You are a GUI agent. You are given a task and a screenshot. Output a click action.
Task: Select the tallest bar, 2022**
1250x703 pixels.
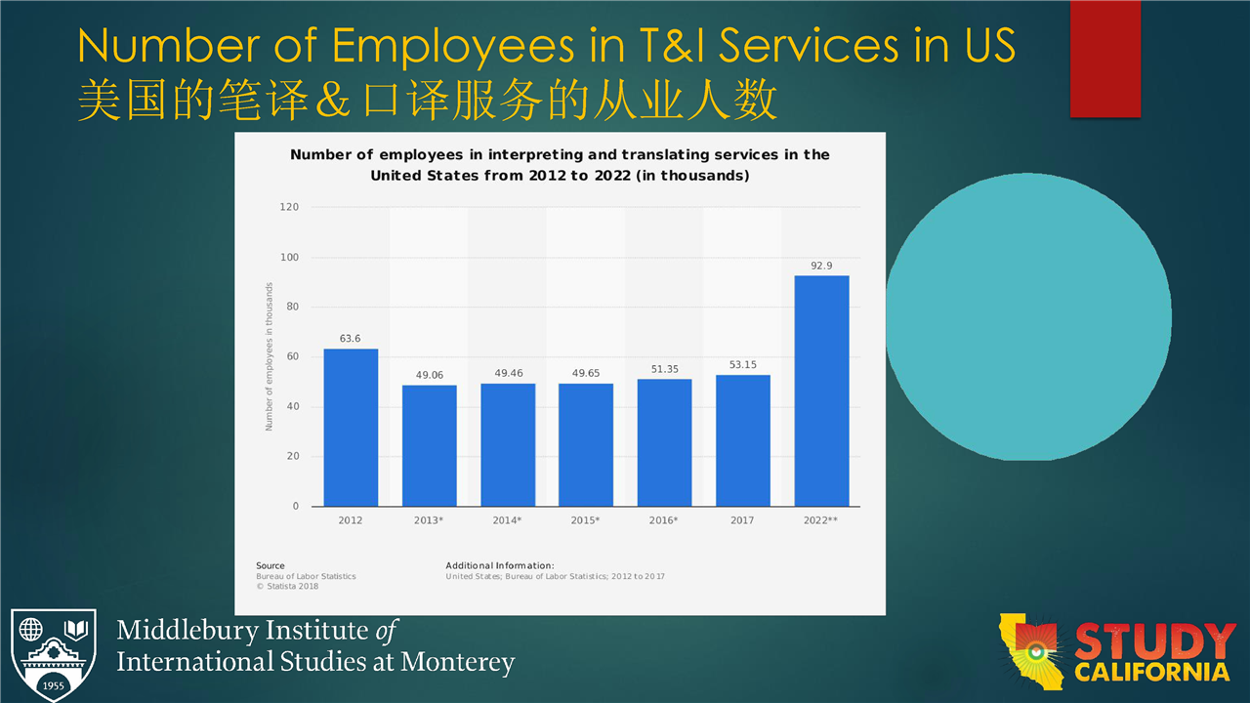tap(821, 391)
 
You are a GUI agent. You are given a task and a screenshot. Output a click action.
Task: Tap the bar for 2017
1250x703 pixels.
tap(742, 440)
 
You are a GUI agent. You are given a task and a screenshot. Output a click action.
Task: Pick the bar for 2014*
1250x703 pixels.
tap(508, 444)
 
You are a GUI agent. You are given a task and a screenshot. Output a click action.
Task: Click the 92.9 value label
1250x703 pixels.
tap(821, 265)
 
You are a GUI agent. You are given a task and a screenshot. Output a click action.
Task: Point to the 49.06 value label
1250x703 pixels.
tap(429, 374)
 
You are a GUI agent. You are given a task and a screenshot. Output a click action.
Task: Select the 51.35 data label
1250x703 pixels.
tap(664, 368)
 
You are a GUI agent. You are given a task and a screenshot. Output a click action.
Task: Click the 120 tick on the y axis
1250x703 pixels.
tap(289, 207)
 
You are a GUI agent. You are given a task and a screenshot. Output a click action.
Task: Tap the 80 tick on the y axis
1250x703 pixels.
tap(292, 307)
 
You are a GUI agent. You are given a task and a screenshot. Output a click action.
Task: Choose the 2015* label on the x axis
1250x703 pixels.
tap(585, 520)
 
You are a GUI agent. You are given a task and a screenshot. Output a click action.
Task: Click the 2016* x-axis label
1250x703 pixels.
tap(664, 520)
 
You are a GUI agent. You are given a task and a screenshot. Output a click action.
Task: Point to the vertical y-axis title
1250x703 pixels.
tap(269, 356)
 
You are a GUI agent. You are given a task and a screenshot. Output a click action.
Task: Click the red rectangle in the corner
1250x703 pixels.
tap(1104, 59)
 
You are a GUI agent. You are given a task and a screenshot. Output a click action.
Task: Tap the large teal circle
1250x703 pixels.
tap(1027, 315)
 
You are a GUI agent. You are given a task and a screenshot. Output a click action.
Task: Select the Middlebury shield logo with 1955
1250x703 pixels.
tap(54, 655)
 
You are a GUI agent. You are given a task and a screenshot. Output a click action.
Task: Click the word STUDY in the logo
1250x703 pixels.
tap(1154, 642)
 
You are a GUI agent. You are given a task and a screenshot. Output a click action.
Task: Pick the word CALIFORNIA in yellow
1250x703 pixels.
tap(1152, 672)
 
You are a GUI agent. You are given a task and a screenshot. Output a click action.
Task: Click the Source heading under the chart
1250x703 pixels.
tap(271, 565)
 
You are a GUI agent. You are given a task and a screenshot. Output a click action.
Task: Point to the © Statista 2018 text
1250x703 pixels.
tap(287, 586)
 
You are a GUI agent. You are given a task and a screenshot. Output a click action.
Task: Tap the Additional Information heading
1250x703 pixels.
tap(500, 565)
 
